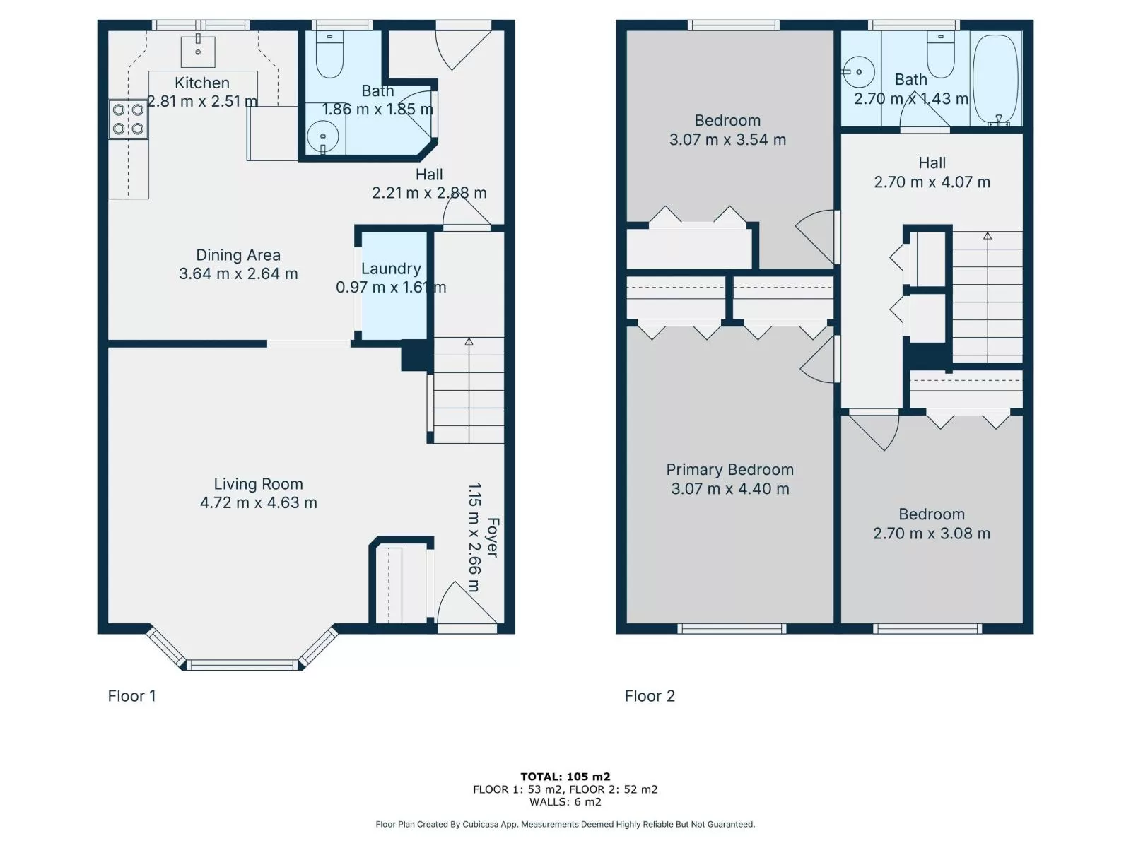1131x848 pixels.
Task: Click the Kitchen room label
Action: click(202, 83)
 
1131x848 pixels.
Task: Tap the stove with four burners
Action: click(129, 119)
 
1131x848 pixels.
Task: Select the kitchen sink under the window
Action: click(198, 52)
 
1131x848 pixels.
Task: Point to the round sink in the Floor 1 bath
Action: click(322, 137)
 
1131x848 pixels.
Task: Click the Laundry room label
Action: click(391, 269)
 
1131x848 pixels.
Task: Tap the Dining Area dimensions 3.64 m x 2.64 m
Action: click(238, 273)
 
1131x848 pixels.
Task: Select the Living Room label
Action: click(258, 484)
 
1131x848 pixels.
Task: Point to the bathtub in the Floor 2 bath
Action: click(995, 79)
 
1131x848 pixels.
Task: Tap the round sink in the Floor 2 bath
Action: click(858, 72)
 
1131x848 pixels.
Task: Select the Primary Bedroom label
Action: click(729, 469)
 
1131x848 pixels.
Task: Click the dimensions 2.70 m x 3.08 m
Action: click(932, 534)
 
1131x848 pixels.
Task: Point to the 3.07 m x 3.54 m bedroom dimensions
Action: click(727, 139)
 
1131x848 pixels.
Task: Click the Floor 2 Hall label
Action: click(932, 163)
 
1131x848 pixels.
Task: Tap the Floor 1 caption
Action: click(131, 696)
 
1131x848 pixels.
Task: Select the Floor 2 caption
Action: click(650, 696)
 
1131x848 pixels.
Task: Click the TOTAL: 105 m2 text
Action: click(565, 777)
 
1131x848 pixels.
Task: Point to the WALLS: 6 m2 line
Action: click(565, 801)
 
